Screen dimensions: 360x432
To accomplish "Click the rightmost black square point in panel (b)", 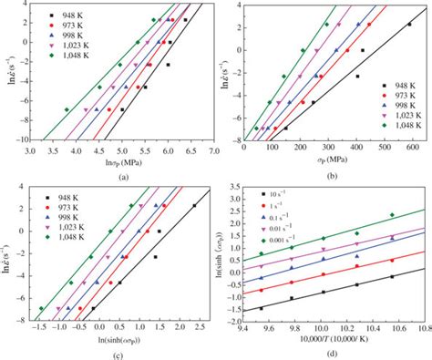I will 408,26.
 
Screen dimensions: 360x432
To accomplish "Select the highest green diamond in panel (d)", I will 391,215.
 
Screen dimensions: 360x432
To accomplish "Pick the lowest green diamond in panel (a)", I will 67,109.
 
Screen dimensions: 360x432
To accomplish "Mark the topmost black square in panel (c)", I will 194,206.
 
